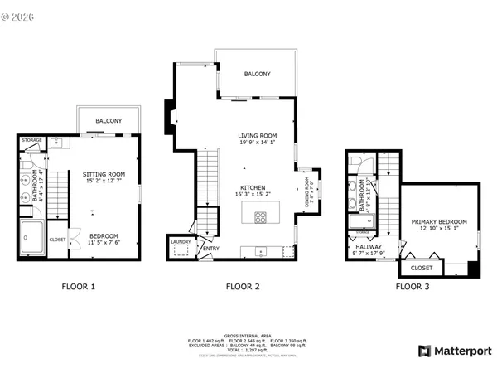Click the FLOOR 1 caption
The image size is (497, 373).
[79, 287]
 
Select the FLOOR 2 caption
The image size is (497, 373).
[244, 287]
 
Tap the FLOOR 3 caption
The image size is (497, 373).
[412, 287]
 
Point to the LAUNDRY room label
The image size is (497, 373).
[181, 242]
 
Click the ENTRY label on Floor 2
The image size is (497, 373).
[212, 248]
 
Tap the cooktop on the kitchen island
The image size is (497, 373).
[260, 218]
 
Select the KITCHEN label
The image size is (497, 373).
[253, 188]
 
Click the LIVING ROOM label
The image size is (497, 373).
[258, 136]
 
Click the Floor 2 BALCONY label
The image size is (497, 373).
[257, 75]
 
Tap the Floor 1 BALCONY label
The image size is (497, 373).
[109, 122]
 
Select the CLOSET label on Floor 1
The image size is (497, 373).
[57, 239]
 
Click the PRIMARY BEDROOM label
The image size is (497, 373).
[439, 222]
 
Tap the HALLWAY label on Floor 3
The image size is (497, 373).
[369, 246]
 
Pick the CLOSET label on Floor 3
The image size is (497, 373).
[422, 268]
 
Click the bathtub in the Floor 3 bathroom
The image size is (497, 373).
[361, 222]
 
